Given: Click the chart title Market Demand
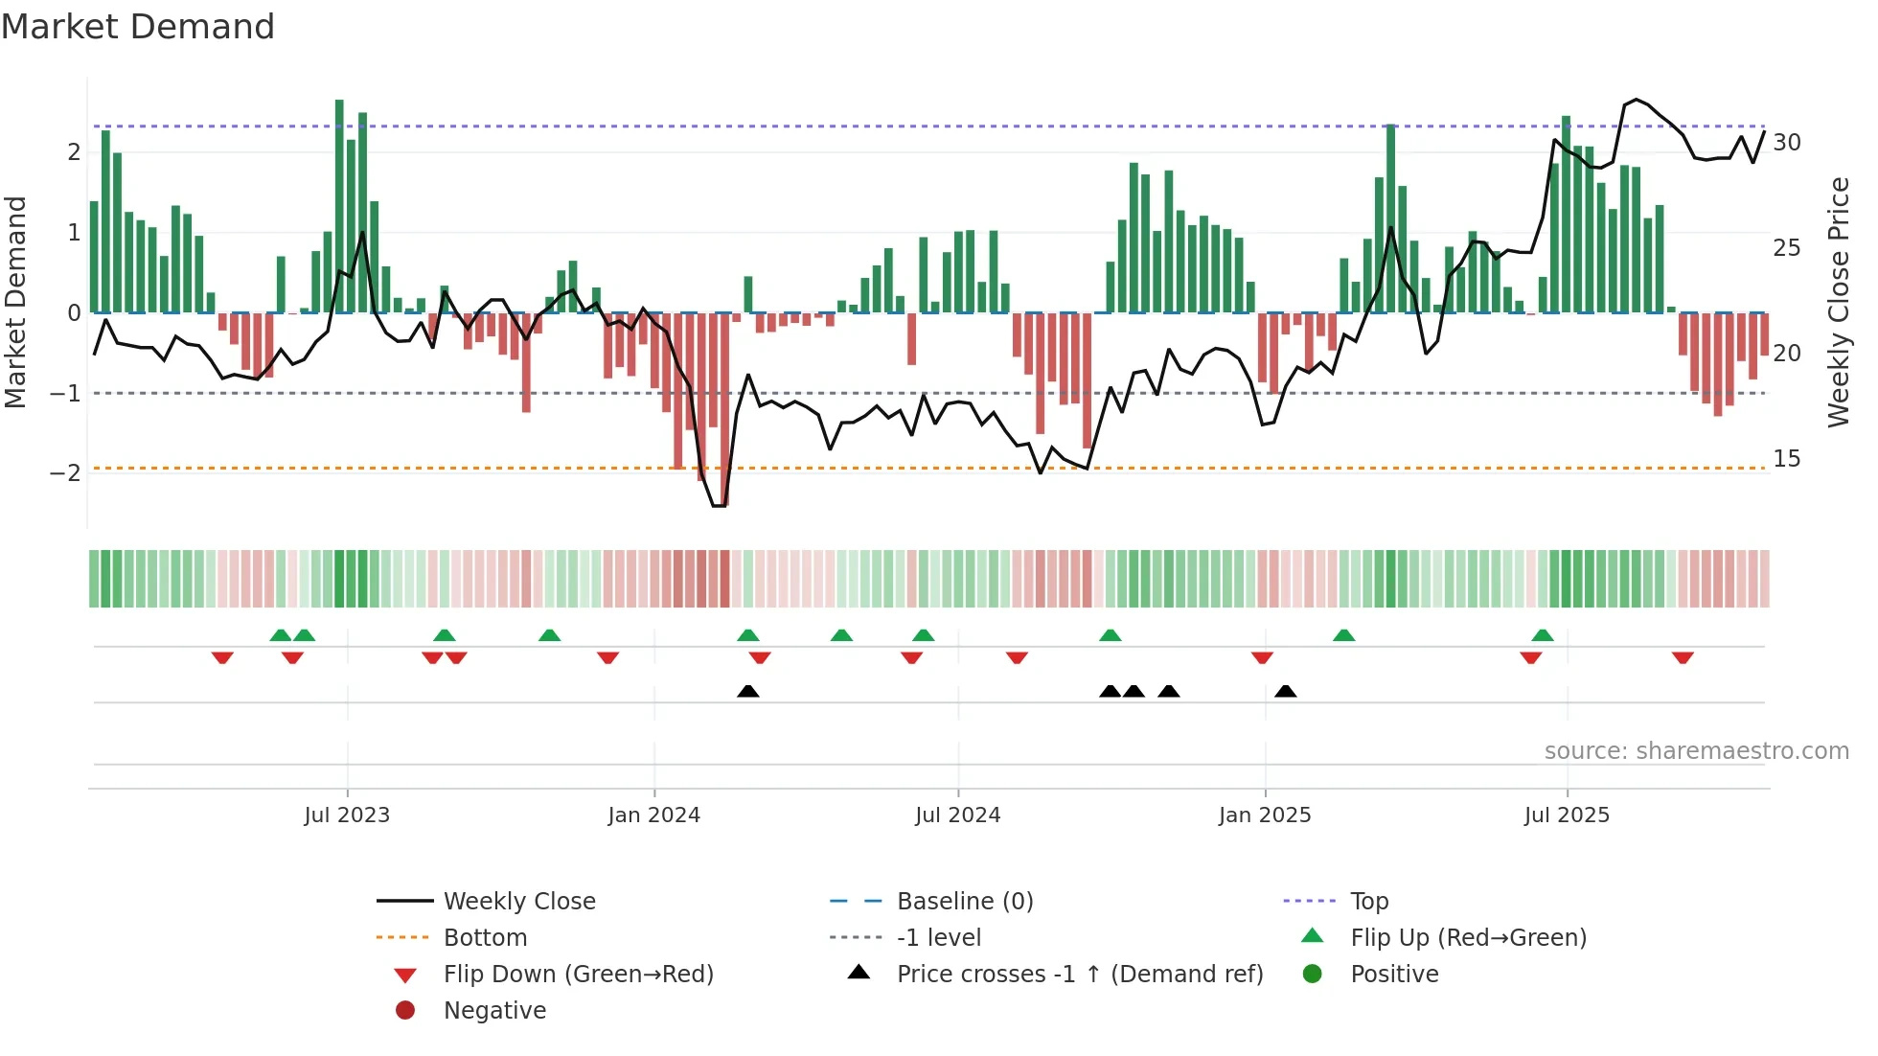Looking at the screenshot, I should tap(138, 27).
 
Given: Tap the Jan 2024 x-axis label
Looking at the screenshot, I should tap(653, 815).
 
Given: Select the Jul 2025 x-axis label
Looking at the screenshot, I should tap(1567, 815).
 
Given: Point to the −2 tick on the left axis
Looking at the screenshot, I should tap(65, 472).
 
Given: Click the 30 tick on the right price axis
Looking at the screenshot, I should tap(1786, 143).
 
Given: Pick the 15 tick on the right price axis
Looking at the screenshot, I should tap(1786, 459).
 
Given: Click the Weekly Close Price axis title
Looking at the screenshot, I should tap(1837, 302).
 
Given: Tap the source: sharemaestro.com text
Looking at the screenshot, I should tap(1696, 751).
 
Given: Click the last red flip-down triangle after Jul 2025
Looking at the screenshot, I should tap(1683, 657).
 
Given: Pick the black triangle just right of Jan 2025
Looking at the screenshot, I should tap(1286, 691).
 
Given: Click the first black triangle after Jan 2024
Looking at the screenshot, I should tap(748, 691).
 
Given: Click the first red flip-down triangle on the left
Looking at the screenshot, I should tap(222, 657).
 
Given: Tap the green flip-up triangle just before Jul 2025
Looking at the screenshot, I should tap(1543, 635).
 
